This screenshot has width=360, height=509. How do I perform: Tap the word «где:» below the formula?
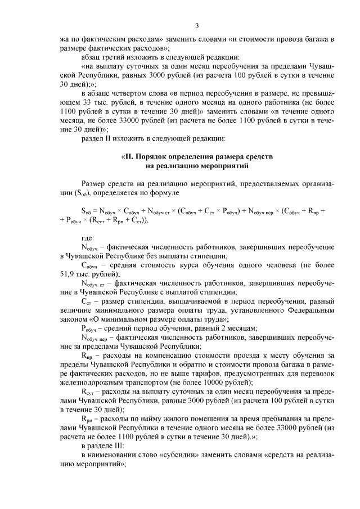(88, 237)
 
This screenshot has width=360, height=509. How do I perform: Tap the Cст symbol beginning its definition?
(86, 301)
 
